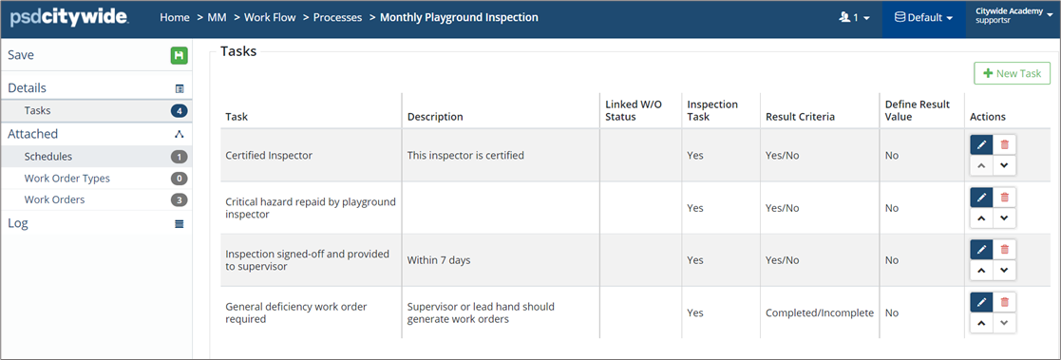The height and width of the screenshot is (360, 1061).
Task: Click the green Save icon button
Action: (x=179, y=56)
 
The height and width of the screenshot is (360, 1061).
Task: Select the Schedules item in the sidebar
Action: (x=48, y=157)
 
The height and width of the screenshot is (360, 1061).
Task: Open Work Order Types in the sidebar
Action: (x=67, y=179)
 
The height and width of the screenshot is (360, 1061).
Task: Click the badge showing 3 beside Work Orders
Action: (x=179, y=200)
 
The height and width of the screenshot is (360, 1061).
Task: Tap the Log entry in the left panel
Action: (x=18, y=223)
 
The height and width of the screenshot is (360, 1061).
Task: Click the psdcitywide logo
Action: (x=69, y=18)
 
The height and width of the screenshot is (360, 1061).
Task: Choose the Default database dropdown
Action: (x=923, y=18)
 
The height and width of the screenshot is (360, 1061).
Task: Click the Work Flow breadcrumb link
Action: (x=270, y=18)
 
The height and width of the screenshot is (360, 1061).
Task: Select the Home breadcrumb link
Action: (x=175, y=18)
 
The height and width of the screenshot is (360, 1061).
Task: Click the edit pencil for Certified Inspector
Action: (x=982, y=144)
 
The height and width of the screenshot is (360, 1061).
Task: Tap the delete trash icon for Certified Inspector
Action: (x=1005, y=144)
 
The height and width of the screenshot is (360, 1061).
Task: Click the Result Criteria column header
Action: (x=800, y=117)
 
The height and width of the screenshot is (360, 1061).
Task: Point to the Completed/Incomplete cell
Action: (x=820, y=313)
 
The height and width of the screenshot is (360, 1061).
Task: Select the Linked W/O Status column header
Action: (x=634, y=110)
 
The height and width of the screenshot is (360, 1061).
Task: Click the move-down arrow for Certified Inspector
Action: (x=1005, y=165)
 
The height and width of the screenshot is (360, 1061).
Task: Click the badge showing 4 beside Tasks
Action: (x=179, y=111)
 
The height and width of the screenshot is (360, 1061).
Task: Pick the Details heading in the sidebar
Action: (x=27, y=88)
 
